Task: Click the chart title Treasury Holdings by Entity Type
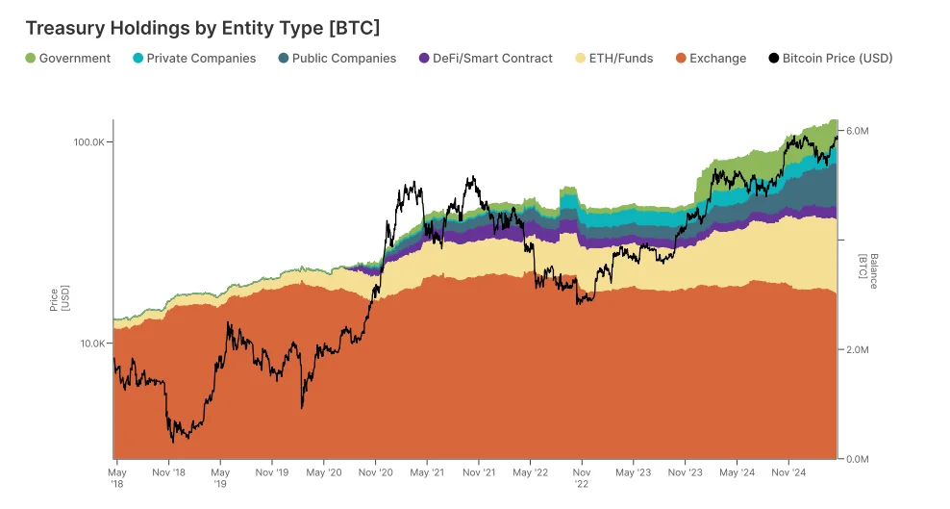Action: (x=203, y=28)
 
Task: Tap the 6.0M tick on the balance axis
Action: (x=857, y=131)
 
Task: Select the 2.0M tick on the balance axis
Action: (x=857, y=350)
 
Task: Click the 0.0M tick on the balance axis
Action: (x=857, y=459)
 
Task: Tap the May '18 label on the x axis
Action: (x=116, y=478)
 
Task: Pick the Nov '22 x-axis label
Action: (x=582, y=478)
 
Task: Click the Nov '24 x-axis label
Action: (x=788, y=472)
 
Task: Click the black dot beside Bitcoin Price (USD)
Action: (x=774, y=59)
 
